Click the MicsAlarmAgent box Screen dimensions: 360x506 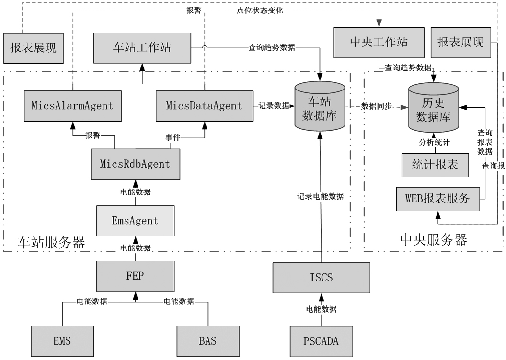[72, 105]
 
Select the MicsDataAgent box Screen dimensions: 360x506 [205, 105]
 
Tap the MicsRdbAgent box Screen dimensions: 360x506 [135, 164]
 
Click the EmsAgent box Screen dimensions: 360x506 [135, 221]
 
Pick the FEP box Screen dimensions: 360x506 [135, 276]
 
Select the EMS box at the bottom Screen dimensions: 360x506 [62, 341]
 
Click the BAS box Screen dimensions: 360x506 [207, 341]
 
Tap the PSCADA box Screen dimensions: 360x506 [322, 341]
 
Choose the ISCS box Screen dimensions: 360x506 [322, 277]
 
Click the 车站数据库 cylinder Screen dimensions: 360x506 [320, 107]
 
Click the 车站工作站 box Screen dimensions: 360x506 [142, 48]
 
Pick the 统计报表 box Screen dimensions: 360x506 [435, 165]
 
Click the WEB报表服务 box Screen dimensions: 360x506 [437, 198]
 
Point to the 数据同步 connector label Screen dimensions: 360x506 [376, 106]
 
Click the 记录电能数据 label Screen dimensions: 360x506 [320, 196]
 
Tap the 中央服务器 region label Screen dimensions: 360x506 [433, 239]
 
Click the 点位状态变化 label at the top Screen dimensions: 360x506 [260, 10]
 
